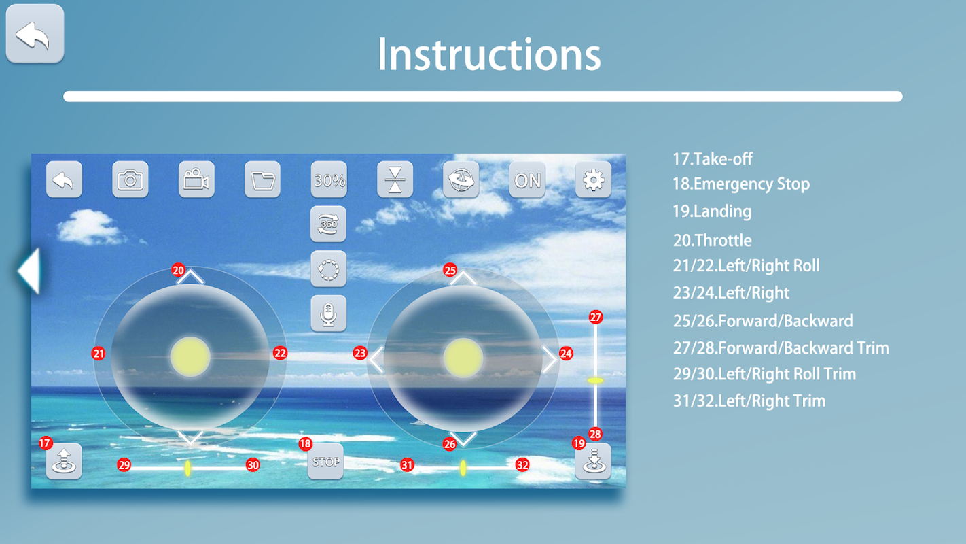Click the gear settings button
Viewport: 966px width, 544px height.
[x=593, y=180]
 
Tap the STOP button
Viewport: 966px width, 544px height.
[x=325, y=462]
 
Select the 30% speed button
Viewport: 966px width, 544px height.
[x=329, y=180]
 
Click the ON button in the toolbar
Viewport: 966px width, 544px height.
[x=527, y=180]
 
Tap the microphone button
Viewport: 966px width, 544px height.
[x=328, y=313]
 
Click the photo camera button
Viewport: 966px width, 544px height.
[x=130, y=180]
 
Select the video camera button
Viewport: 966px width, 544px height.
[x=196, y=180]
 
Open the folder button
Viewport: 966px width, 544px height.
[x=262, y=180]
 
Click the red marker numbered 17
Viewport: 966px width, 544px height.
[x=46, y=443]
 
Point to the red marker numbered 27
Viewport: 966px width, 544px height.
[x=596, y=318]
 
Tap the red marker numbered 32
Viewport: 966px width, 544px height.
[x=522, y=465]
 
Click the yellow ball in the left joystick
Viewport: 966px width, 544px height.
[x=190, y=357]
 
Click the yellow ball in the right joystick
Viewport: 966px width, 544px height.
[x=463, y=358]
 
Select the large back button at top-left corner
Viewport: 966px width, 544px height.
[x=35, y=34]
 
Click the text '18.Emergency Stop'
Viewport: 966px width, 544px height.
[x=741, y=184]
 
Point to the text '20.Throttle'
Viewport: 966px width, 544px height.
[x=712, y=240]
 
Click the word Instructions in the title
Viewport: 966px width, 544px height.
[x=489, y=54]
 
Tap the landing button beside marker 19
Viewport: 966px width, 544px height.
[x=593, y=462]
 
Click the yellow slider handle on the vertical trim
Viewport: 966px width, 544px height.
[x=596, y=380]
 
